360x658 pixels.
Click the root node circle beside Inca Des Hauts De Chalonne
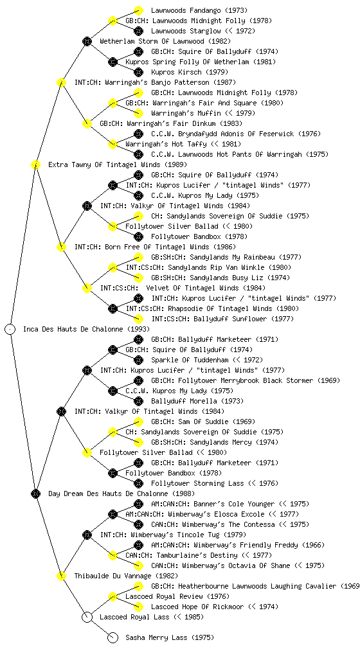(x=10, y=329)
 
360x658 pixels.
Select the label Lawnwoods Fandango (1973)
(x=199, y=10)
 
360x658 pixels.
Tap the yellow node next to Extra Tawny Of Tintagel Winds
(x=35, y=164)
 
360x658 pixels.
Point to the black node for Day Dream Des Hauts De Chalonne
(x=35, y=493)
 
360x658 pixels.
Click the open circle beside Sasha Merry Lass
(x=113, y=637)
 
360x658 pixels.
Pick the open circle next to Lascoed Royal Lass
(x=87, y=617)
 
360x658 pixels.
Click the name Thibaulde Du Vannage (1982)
(x=126, y=576)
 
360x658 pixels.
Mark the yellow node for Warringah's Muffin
(x=138, y=113)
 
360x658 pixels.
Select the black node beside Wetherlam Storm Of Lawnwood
(x=87, y=41)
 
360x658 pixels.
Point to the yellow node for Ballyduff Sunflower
(x=138, y=319)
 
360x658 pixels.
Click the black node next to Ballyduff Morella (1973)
(x=138, y=401)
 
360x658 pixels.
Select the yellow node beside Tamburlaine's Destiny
(x=113, y=555)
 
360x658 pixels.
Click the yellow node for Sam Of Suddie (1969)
(x=138, y=422)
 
